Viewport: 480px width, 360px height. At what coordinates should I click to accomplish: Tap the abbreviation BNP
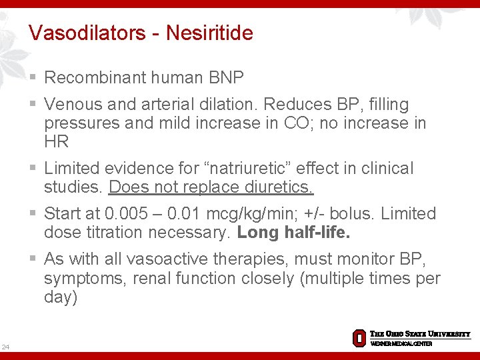pyautogui.click(x=226, y=78)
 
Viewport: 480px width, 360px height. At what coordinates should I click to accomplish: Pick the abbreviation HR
pyautogui.click(x=57, y=142)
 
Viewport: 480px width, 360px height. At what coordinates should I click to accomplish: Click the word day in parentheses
pyautogui.click(x=61, y=297)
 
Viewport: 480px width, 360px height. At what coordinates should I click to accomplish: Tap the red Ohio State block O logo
pyautogui.click(x=359, y=338)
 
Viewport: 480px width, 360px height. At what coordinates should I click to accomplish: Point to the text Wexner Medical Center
pyautogui.click(x=401, y=344)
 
